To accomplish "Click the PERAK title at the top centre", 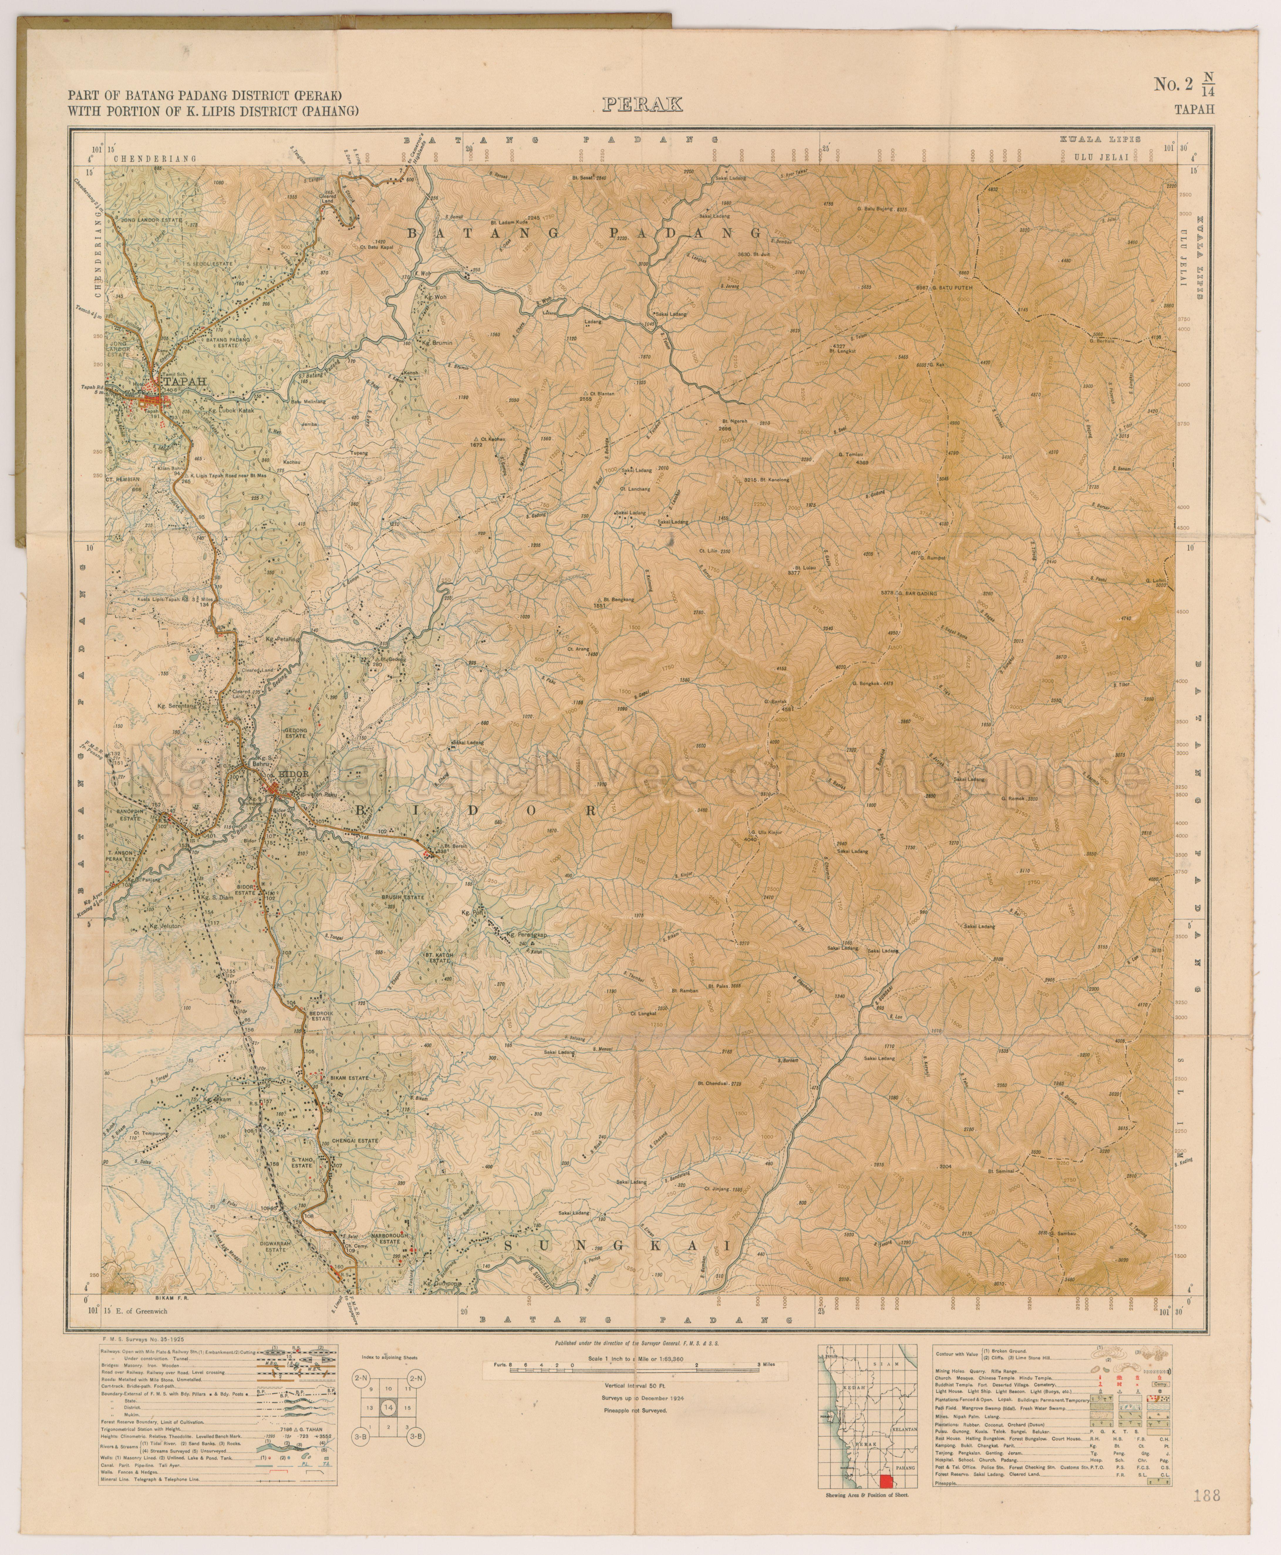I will coord(642,105).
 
